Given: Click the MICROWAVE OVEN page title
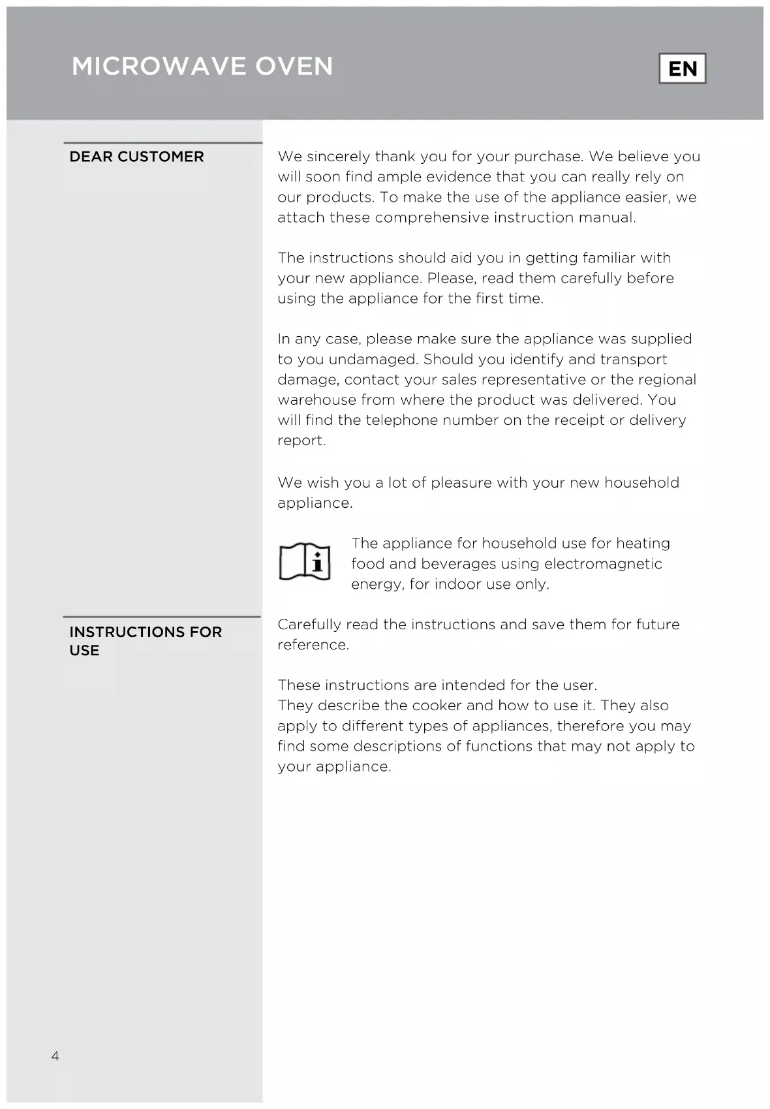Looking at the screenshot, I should point(202,67).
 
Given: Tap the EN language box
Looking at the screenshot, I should point(683,69).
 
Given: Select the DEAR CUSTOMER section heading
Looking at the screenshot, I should point(136,157).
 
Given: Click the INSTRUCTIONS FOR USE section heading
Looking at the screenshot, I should point(145,640).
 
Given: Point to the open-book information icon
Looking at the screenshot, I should point(305,561).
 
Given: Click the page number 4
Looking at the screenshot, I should point(55,1055).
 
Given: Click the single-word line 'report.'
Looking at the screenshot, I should point(301,441).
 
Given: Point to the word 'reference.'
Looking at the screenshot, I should point(313,644).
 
